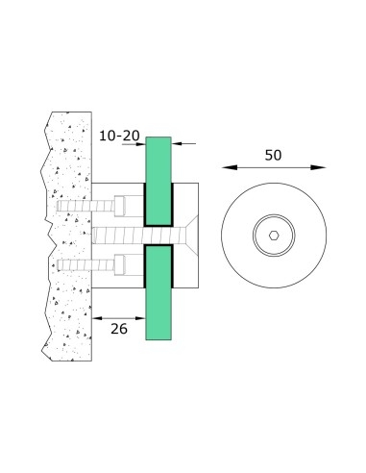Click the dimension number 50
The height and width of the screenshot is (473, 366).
coord(274,153)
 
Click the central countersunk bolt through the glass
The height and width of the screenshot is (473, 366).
coord(125,234)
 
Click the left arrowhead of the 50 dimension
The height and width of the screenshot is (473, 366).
coord(227,167)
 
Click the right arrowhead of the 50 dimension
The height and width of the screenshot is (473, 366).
coord(321,167)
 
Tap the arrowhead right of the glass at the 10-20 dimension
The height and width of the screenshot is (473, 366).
coord(177,143)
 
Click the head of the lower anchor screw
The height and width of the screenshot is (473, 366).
coord(121,263)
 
